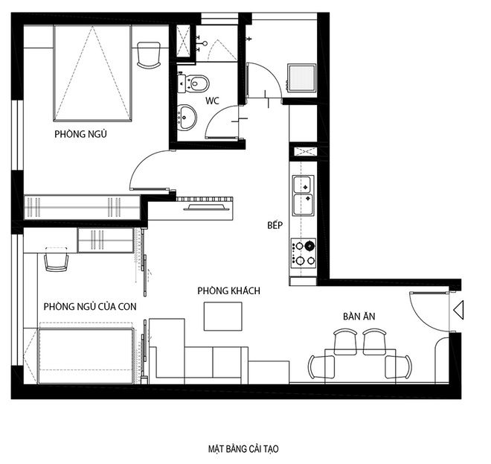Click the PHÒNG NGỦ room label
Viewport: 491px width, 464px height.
click(x=80, y=134)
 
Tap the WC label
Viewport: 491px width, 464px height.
click(x=212, y=101)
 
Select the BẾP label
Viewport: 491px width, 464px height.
click(x=275, y=225)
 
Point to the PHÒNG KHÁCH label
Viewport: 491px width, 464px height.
click(x=228, y=290)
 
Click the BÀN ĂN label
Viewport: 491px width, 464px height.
click(x=359, y=316)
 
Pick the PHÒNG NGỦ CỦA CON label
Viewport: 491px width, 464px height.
click(x=90, y=306)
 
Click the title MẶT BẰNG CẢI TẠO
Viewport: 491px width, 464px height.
click(x=243, y=448)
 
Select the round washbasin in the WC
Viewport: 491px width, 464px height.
click(x=187, y=117)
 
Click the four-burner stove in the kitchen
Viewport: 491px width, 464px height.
click(x=303, y=253)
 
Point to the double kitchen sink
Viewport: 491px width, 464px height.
click(x=303, y=196)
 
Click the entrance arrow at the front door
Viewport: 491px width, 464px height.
click(x=458, y=310)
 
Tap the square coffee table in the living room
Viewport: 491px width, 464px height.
click(x=223, y=316)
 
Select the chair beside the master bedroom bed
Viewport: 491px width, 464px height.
click(x=149, y=55)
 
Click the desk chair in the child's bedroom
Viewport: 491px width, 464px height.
click(x=57, y=260)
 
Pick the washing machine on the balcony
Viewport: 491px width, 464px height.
click(x=301, y=78)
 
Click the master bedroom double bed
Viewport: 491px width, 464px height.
click(x=92, y=74)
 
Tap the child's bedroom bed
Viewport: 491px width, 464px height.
click(x=86, y=356)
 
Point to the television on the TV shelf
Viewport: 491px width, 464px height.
click(x=206, y=207)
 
